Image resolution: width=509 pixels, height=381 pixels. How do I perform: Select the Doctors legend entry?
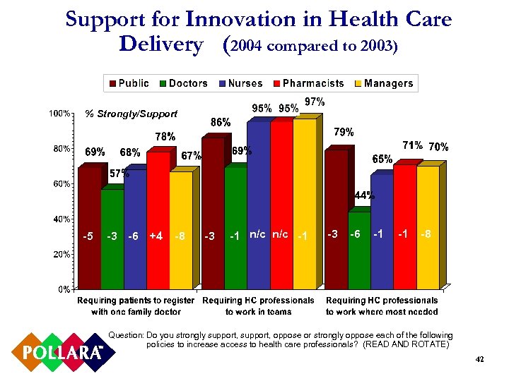click(x=182, y=83)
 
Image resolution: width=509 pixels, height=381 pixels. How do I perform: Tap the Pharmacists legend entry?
click(x=307, y=83)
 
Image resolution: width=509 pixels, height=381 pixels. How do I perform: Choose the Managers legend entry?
click(x=382, y=83)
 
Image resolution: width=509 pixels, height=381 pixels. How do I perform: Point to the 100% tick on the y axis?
click(x=59, y=114)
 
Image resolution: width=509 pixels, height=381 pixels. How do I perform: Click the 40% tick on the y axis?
click(x=60, y=219)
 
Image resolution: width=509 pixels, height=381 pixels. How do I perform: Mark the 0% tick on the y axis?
click(x=62, y=289)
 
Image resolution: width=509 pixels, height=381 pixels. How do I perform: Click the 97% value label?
click(x=314, y=102)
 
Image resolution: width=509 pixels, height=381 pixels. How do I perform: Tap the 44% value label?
click(x=364, y=195)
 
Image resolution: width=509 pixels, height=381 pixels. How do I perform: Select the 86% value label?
click(x=221, y=122)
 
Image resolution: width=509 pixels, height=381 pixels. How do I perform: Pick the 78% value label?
click(x=165, y=136)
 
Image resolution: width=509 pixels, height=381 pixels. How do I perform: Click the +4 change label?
click(x=156, y=236)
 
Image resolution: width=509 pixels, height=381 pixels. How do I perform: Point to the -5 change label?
click(x=87, y=236)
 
